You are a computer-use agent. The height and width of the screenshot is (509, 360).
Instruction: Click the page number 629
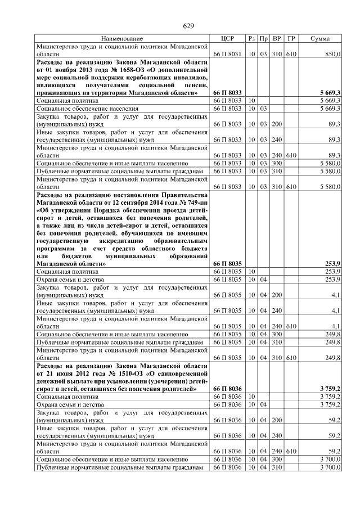point(188,26)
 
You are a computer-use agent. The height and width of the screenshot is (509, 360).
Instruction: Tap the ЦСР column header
point(227,38)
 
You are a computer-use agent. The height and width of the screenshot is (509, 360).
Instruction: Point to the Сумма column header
point(320,38)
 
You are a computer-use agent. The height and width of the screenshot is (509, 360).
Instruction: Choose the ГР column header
point(290,38)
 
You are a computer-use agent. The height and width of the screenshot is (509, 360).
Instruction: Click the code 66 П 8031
point(227,54)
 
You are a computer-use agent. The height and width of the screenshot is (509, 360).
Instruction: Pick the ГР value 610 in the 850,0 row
point(290,54)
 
